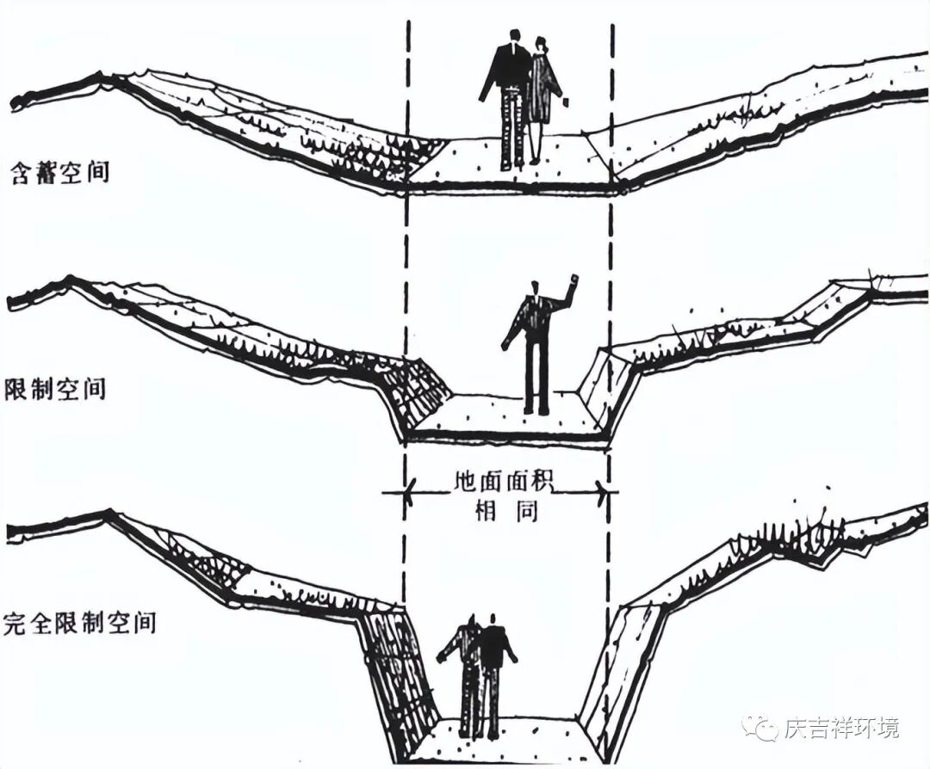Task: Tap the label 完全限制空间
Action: [x=79, y=620]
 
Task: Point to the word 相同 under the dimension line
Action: [x=506, y=510]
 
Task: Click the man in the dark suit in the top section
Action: [x=509, y=95]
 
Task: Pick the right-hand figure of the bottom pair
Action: [x=493, y=671]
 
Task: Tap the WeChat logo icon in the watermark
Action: [x=762, y=728]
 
